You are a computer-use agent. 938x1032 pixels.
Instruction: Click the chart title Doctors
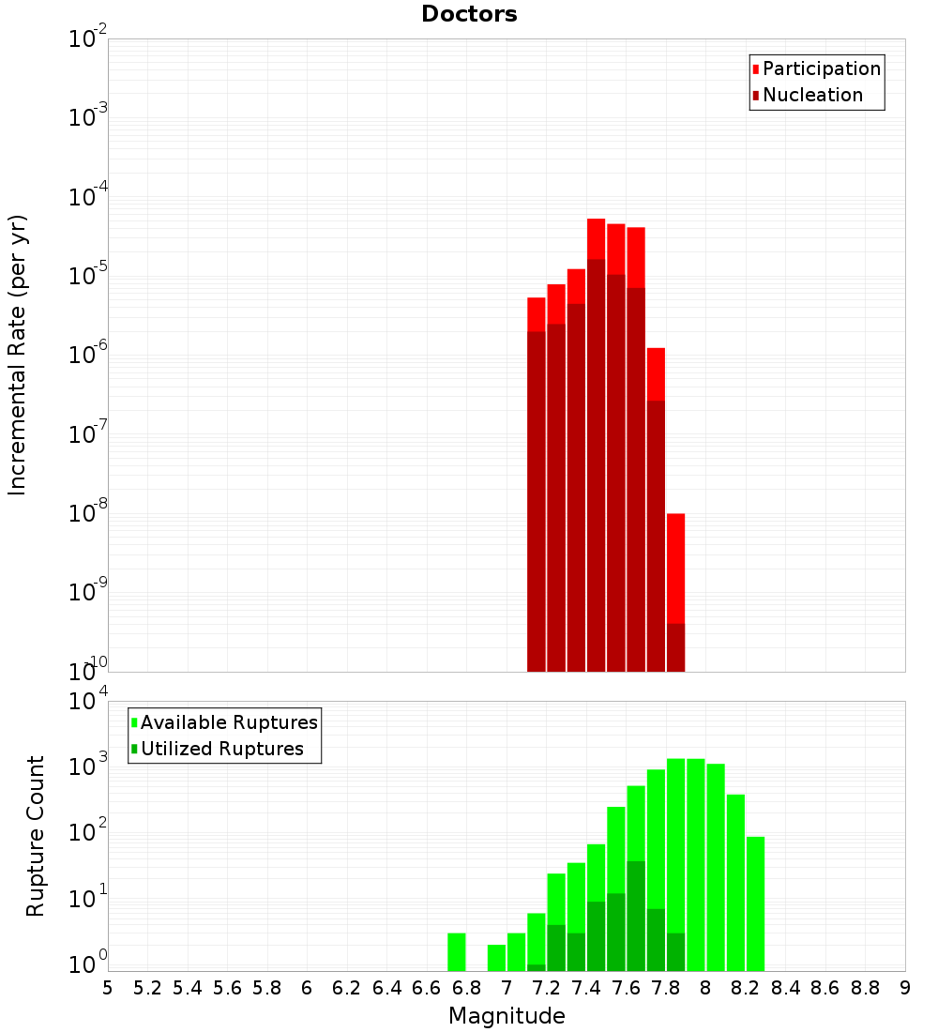[469, 14]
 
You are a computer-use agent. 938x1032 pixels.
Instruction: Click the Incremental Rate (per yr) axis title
[18, 355]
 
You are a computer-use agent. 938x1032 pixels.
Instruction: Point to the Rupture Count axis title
[36, 836]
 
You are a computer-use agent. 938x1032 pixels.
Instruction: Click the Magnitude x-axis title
[507, 1016]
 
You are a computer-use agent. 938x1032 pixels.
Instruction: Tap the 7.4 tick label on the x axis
[586, 988]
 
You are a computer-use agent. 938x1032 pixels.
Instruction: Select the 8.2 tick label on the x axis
[746, 988]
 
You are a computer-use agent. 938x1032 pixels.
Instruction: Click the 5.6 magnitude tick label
[228, 988]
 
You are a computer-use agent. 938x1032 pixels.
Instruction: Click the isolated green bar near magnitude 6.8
[457, 951]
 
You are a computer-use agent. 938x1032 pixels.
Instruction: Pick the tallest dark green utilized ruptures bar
[636, 915]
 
